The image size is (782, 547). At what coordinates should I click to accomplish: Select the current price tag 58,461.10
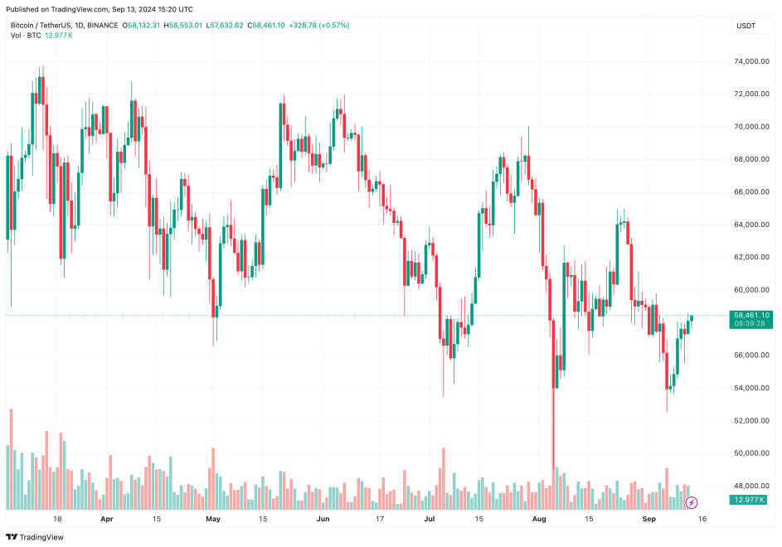point(751,315)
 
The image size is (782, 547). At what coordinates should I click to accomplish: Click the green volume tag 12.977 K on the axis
point(750,500)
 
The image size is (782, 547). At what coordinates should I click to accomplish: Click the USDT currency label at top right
point(746,26)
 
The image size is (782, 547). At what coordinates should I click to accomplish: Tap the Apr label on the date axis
point(106,520)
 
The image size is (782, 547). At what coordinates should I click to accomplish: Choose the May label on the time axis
point(213,520)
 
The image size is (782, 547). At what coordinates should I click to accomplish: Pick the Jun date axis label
point(323,520)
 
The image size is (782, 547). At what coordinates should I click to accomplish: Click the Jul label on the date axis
point(430,520)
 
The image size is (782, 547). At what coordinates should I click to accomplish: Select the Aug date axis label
point(540,520)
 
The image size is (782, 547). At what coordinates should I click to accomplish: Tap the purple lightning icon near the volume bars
point(692,502)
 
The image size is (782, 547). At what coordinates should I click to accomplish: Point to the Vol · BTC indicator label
point(24,36)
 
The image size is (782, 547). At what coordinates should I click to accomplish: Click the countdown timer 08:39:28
point(749,324)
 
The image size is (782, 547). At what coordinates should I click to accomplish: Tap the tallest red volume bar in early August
point(553,464)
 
